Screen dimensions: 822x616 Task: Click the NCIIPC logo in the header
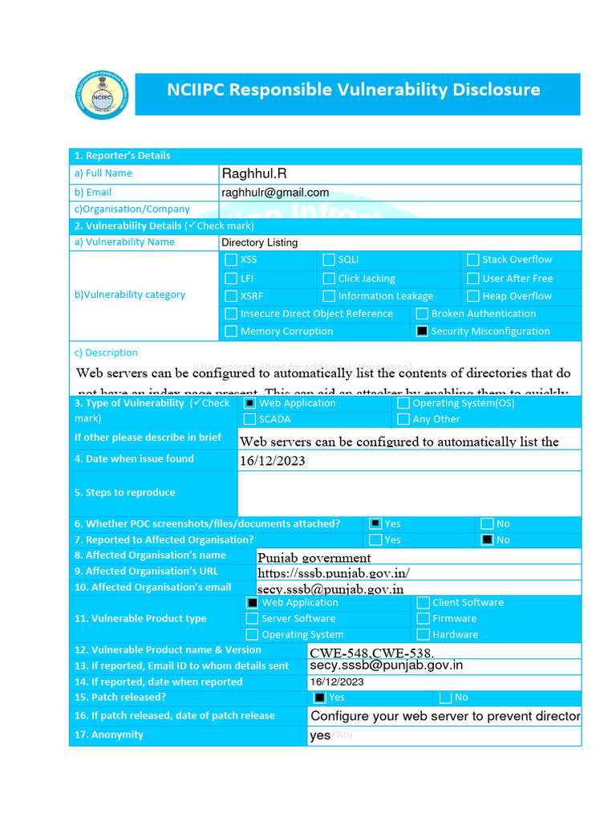click(x=101, y=95)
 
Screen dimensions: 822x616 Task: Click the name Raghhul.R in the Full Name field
click(x=253, y=173)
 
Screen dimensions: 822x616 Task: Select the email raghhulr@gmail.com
click(x=275, y=193)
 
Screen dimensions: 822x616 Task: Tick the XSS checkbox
click(x=231, y=260)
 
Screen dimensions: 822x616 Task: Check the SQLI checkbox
click(x=329, y=260)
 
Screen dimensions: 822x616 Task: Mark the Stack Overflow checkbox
click(x=473, y=260)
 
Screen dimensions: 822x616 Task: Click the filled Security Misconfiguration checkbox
click(x=422, y=332)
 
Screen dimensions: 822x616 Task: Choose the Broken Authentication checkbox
click(x=422, y=314)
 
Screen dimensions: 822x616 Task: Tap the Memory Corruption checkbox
click(x=231, y=332)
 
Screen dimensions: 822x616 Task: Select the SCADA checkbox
click(x=250, y=419)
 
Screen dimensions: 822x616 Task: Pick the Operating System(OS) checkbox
click(x=403, y=403)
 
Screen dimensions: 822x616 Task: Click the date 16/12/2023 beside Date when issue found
click(x=273, y=461)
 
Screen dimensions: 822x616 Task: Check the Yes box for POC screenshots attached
click(x=375, y=523)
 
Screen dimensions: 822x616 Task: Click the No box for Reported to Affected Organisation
click(x=487, y=540)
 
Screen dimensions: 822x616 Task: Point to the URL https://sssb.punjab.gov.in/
click(x=334, y=572)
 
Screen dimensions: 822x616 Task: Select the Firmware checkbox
click(x=423, y=619)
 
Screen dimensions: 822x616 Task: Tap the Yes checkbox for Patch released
click(x=320, y=698)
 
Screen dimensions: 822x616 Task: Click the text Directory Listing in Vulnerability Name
click(x=259, y=242)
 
